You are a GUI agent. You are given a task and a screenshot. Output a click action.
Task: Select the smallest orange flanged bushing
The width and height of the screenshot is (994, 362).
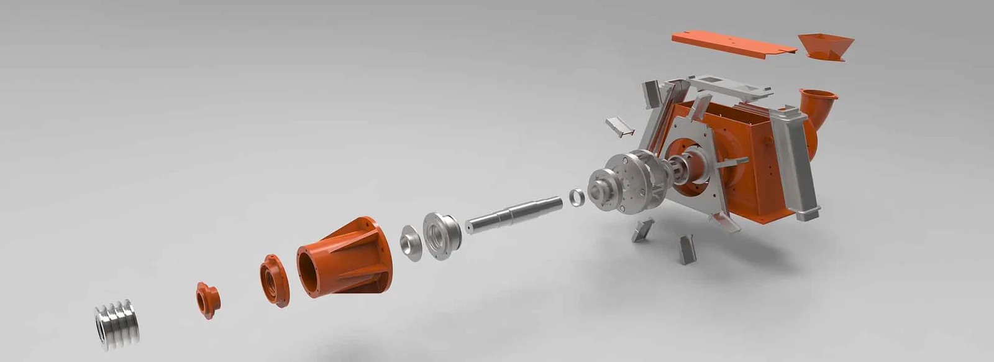pos(208,300)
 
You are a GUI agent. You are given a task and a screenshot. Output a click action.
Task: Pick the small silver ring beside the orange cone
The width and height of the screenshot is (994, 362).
pos(411,243)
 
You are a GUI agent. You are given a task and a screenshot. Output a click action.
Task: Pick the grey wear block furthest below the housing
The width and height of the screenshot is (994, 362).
pos(686,249)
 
